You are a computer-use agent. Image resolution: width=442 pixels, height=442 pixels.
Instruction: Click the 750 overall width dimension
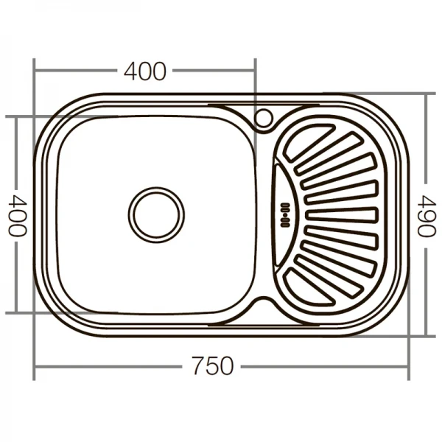[212, 366]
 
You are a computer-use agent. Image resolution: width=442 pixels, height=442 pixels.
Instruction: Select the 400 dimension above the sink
[145, 71]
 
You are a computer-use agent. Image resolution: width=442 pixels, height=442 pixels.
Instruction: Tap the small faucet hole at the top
[262, 117]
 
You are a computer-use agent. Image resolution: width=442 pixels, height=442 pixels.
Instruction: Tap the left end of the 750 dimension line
[35, 366]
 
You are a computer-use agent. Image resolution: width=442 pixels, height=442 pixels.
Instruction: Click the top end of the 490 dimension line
[427, 94]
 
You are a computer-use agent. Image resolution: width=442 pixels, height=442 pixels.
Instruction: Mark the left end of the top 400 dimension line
[35, 71]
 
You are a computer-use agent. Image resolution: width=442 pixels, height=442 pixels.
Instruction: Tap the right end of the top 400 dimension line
[255, 71]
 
